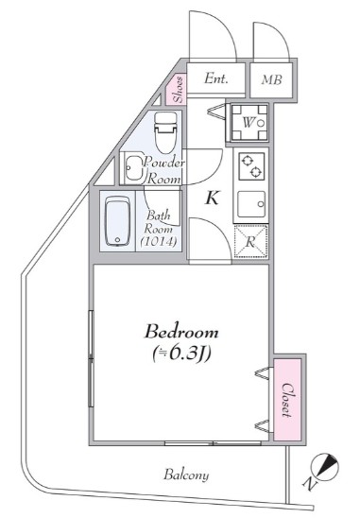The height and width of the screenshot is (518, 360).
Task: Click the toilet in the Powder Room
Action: (x=165, y=132)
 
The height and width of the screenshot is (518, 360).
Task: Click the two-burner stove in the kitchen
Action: (x=250, y=166)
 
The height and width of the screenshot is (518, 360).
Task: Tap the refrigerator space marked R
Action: (x=250, y=240)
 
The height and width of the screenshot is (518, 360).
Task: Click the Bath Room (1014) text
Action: (x=156, y=229)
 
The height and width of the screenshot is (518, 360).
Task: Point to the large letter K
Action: (x=214, y=197)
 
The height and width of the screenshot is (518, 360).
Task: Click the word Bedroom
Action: (x=182, y=332)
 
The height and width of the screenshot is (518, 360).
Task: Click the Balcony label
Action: (x=185, y=474)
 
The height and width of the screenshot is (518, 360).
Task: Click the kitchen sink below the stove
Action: (x=250, y=202)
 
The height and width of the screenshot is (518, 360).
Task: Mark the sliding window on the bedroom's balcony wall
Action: (x=212, y=442)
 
